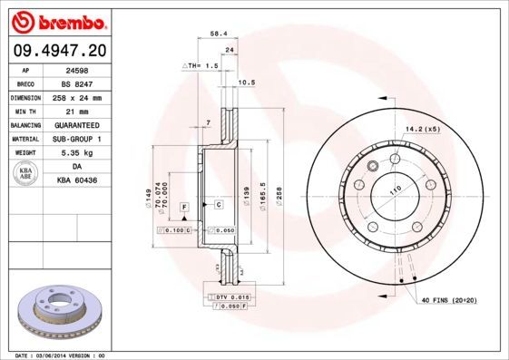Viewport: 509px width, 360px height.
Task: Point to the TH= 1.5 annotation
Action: point(201,66)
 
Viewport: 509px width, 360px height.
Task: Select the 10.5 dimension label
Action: point(245,83)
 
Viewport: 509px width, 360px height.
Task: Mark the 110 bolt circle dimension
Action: point(395,190)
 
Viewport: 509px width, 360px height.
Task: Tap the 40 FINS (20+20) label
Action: point(448,298)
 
